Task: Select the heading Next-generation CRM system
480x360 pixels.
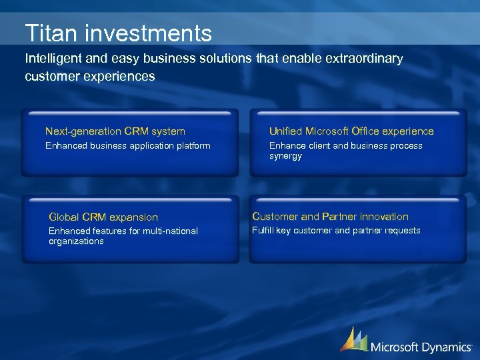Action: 115,131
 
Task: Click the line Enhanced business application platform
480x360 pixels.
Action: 127,145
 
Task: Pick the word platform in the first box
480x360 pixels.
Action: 192,145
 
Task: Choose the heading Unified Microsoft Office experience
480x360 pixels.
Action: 351,131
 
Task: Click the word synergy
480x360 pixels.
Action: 285,156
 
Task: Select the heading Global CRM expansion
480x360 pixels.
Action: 103,217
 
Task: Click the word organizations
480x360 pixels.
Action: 76,241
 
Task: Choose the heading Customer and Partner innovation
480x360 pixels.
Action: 329,216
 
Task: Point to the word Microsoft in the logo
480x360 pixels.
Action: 395,347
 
